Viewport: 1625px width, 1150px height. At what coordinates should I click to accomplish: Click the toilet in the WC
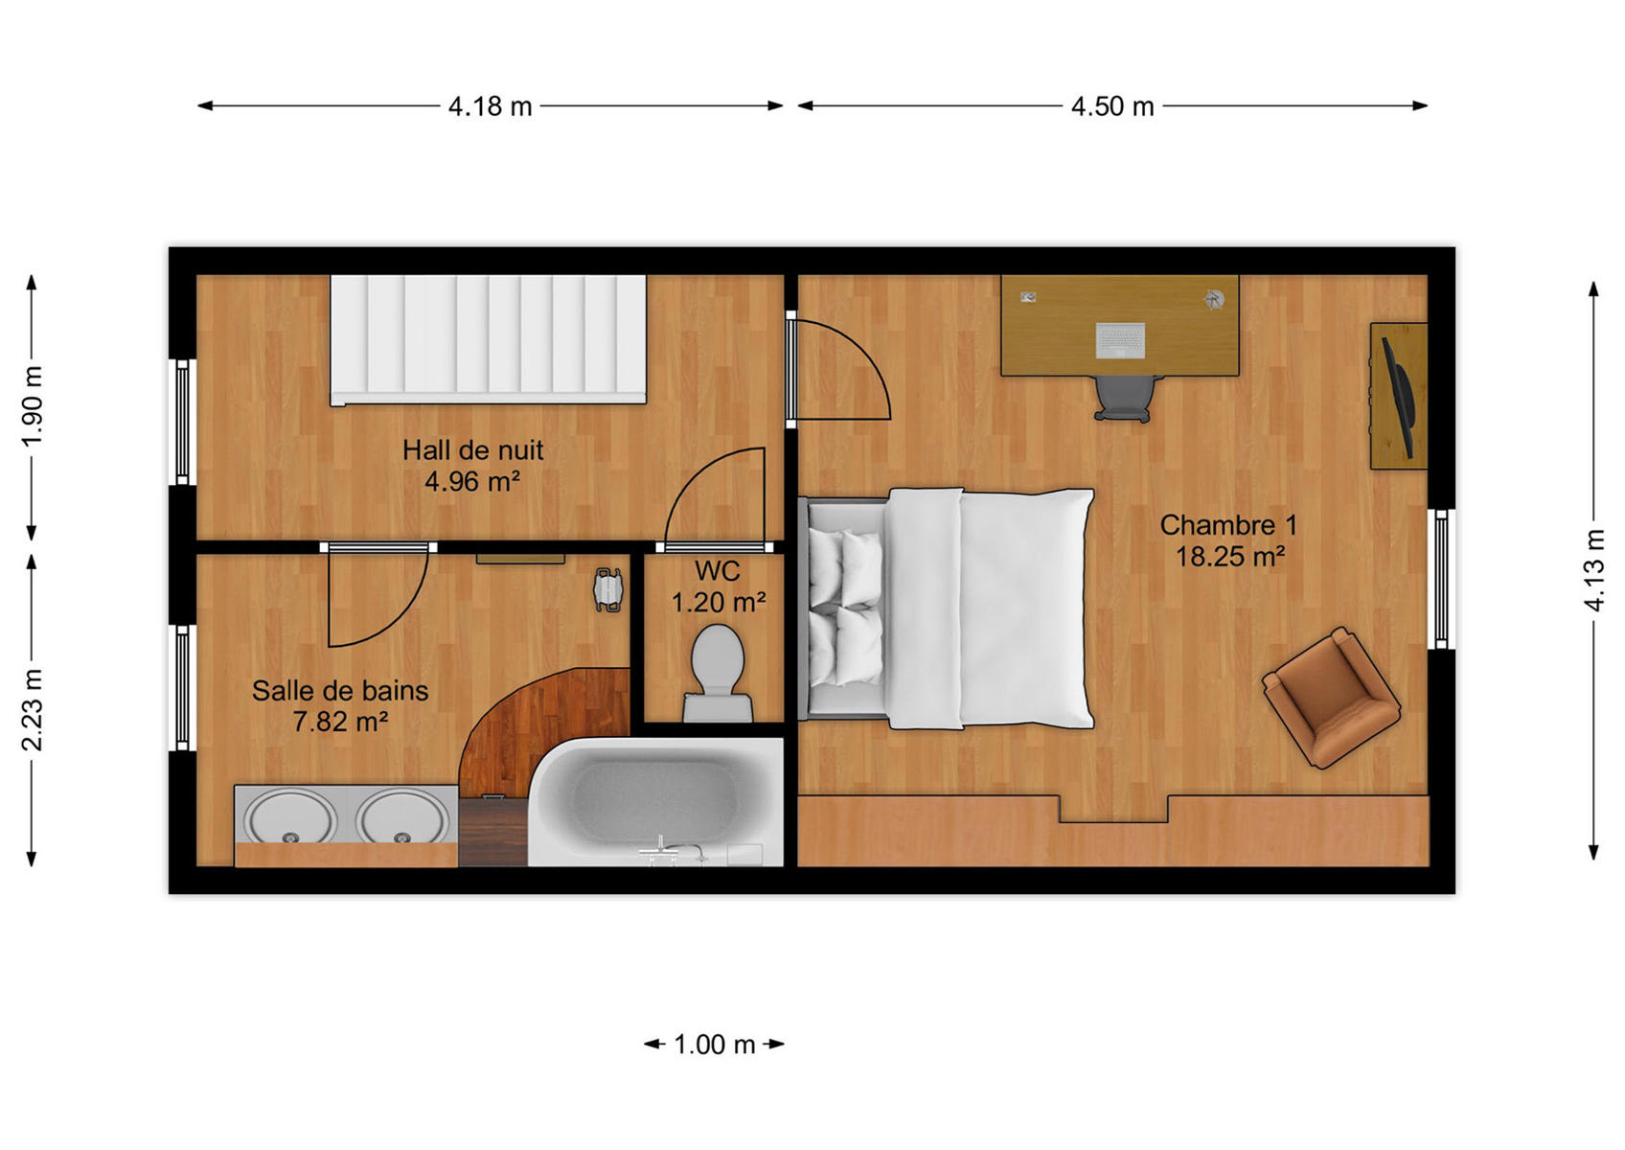(718, 674)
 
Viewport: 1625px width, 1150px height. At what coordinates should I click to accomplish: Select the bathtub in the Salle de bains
(655, 802)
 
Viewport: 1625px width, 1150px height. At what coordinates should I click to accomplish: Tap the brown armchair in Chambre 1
(1331, 698)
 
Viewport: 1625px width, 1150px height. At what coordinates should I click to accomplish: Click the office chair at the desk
(1124, 398)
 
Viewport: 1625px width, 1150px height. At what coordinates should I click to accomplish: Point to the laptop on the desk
(1120, 340)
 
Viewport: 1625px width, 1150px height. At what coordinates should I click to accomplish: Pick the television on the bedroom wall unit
(1398, 398)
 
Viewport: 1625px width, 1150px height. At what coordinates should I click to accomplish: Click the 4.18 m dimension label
(491, 106)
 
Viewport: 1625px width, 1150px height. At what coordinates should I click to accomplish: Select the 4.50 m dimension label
(1112, 106)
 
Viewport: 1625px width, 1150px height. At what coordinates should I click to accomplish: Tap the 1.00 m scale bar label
(715, 1045)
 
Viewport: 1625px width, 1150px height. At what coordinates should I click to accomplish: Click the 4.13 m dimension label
(1593, 570)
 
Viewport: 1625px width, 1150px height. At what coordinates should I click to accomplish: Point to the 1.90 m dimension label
(32, 405)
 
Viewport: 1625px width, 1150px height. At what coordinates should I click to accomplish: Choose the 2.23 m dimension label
(32, 709)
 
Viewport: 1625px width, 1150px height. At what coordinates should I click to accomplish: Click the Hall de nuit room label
(473, 449)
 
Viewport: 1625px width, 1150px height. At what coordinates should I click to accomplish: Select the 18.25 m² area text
(1230, 557)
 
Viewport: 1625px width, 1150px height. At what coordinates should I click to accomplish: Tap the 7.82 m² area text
(340, 722)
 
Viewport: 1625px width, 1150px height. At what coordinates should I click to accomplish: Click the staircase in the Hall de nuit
(489, 339)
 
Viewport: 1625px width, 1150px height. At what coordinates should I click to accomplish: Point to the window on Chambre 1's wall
(1441, 579)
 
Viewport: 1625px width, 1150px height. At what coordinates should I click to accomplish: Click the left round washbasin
(290, 817)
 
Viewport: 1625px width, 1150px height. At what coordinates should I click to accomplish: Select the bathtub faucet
(671, 850)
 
